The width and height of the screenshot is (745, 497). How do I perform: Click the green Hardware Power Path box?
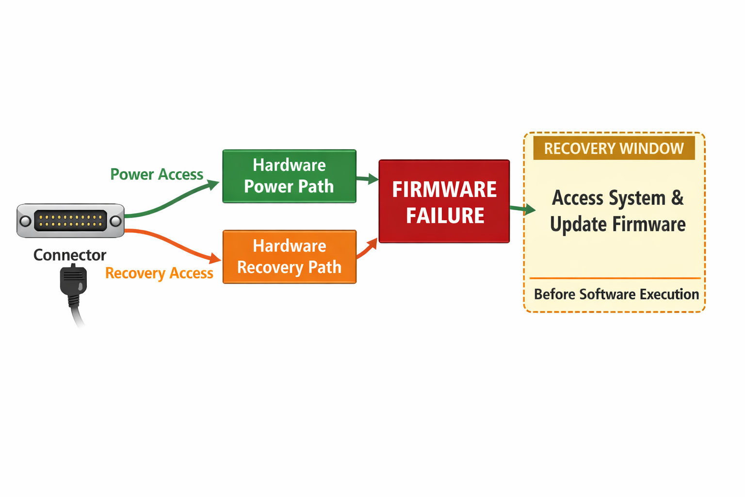tap(289, 176)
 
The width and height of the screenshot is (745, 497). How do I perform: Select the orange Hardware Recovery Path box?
tap(289, 257)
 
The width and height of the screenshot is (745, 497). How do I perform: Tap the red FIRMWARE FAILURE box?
tap(444, 201)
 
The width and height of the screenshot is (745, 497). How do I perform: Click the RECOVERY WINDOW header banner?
tap(614, 149)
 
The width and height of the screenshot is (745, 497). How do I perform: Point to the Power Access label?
tap(156, 174)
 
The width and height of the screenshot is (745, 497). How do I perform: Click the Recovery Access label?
tap(159, 273)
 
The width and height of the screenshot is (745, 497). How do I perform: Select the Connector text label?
tap(69, 255)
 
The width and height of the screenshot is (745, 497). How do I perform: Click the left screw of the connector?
tap(25, 221)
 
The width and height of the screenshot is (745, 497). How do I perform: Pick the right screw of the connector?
tap(115, 221)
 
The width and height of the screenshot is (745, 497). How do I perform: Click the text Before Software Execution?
tap(616, 294)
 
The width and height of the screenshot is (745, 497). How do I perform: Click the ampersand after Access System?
tap(678, 198)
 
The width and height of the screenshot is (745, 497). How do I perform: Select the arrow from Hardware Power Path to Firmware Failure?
tap(368, 179)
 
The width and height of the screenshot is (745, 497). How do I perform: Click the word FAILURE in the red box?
tap(445, 216)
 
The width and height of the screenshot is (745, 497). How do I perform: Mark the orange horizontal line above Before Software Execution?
tap(615, 278)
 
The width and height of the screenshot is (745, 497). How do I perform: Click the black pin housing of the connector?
tap(70, 221)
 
